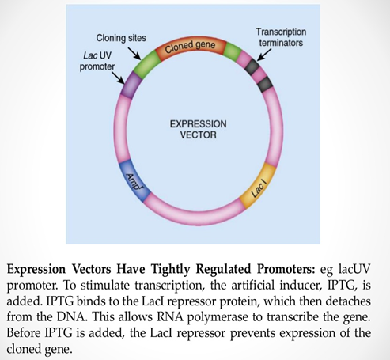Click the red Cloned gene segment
pyautogui.click(x=190, y=48)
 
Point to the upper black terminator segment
pyautogui.click(x=252, y=68)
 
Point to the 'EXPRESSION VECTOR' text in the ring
pyautogui.click(x=193, y=129)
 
